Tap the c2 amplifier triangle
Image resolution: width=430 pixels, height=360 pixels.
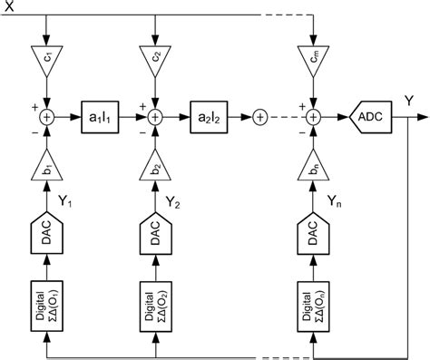click(x=154, y=59)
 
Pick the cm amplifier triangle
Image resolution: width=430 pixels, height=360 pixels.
click(x=312, y=59)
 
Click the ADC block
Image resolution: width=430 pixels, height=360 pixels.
click(x=372, y=116)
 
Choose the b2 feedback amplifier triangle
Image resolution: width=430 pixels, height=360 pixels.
click(x=154, y=170)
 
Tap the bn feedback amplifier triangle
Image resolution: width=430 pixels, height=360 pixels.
click(x=312, y=170)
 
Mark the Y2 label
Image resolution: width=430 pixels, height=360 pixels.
click(x=174, y=202)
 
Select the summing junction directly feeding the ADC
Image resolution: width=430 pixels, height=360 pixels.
click(x=312, y=116)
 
